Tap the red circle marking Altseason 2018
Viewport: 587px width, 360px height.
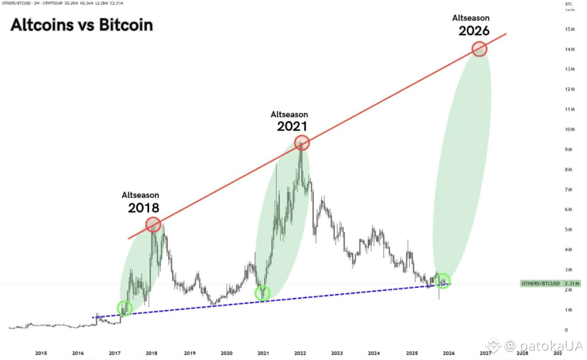pos(152,225)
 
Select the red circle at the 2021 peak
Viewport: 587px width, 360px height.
pos(302,143)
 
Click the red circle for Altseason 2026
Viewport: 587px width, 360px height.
pos(479,49)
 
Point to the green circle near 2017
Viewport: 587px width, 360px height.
pos(124,308)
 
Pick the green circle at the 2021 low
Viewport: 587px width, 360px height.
pos(263,293)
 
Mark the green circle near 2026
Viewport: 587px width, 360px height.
pos(442,281)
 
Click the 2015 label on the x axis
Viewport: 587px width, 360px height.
pos(41,353)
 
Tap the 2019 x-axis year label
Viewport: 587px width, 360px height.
pos(189,353)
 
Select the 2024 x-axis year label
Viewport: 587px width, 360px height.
pos(374,353)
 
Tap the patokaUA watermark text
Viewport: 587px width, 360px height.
pos(543,346)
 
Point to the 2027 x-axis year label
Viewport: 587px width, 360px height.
pos(486,353)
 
